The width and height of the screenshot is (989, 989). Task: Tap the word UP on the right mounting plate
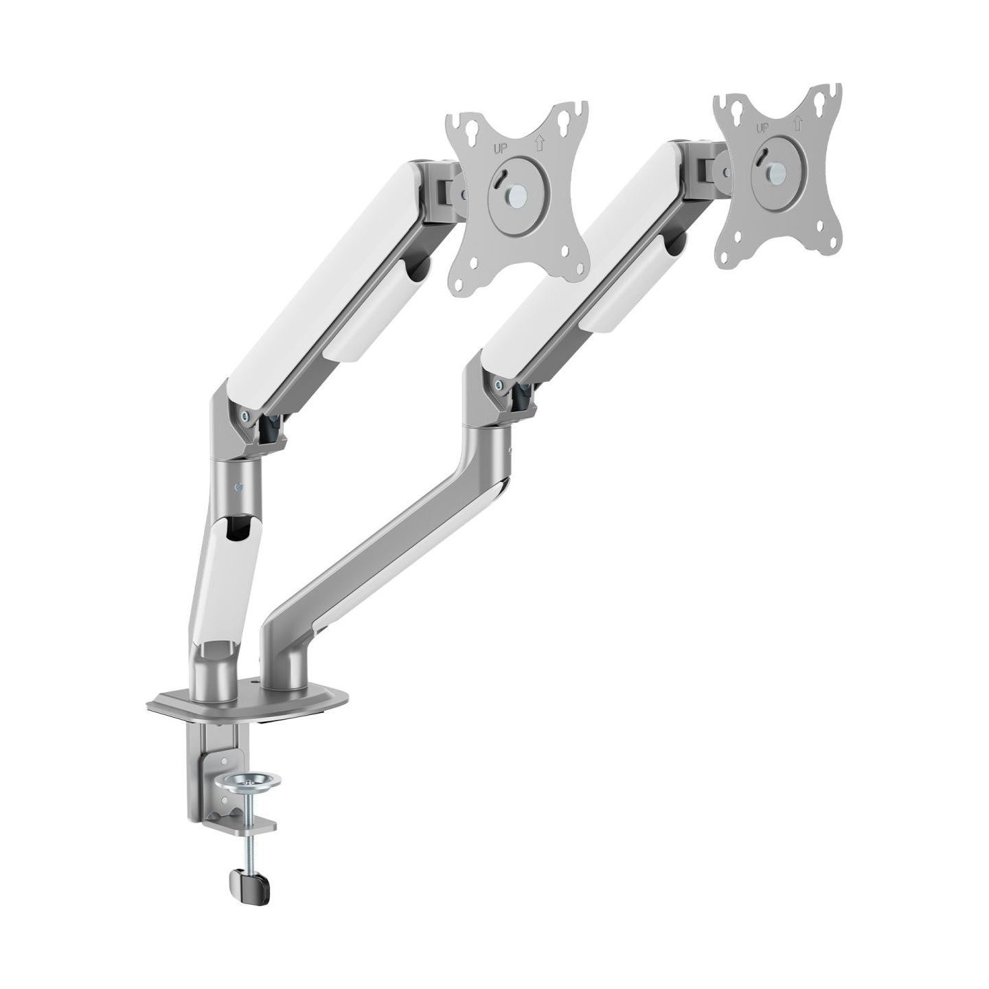(763, 128)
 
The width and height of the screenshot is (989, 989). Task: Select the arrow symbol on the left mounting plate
(540, 143)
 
